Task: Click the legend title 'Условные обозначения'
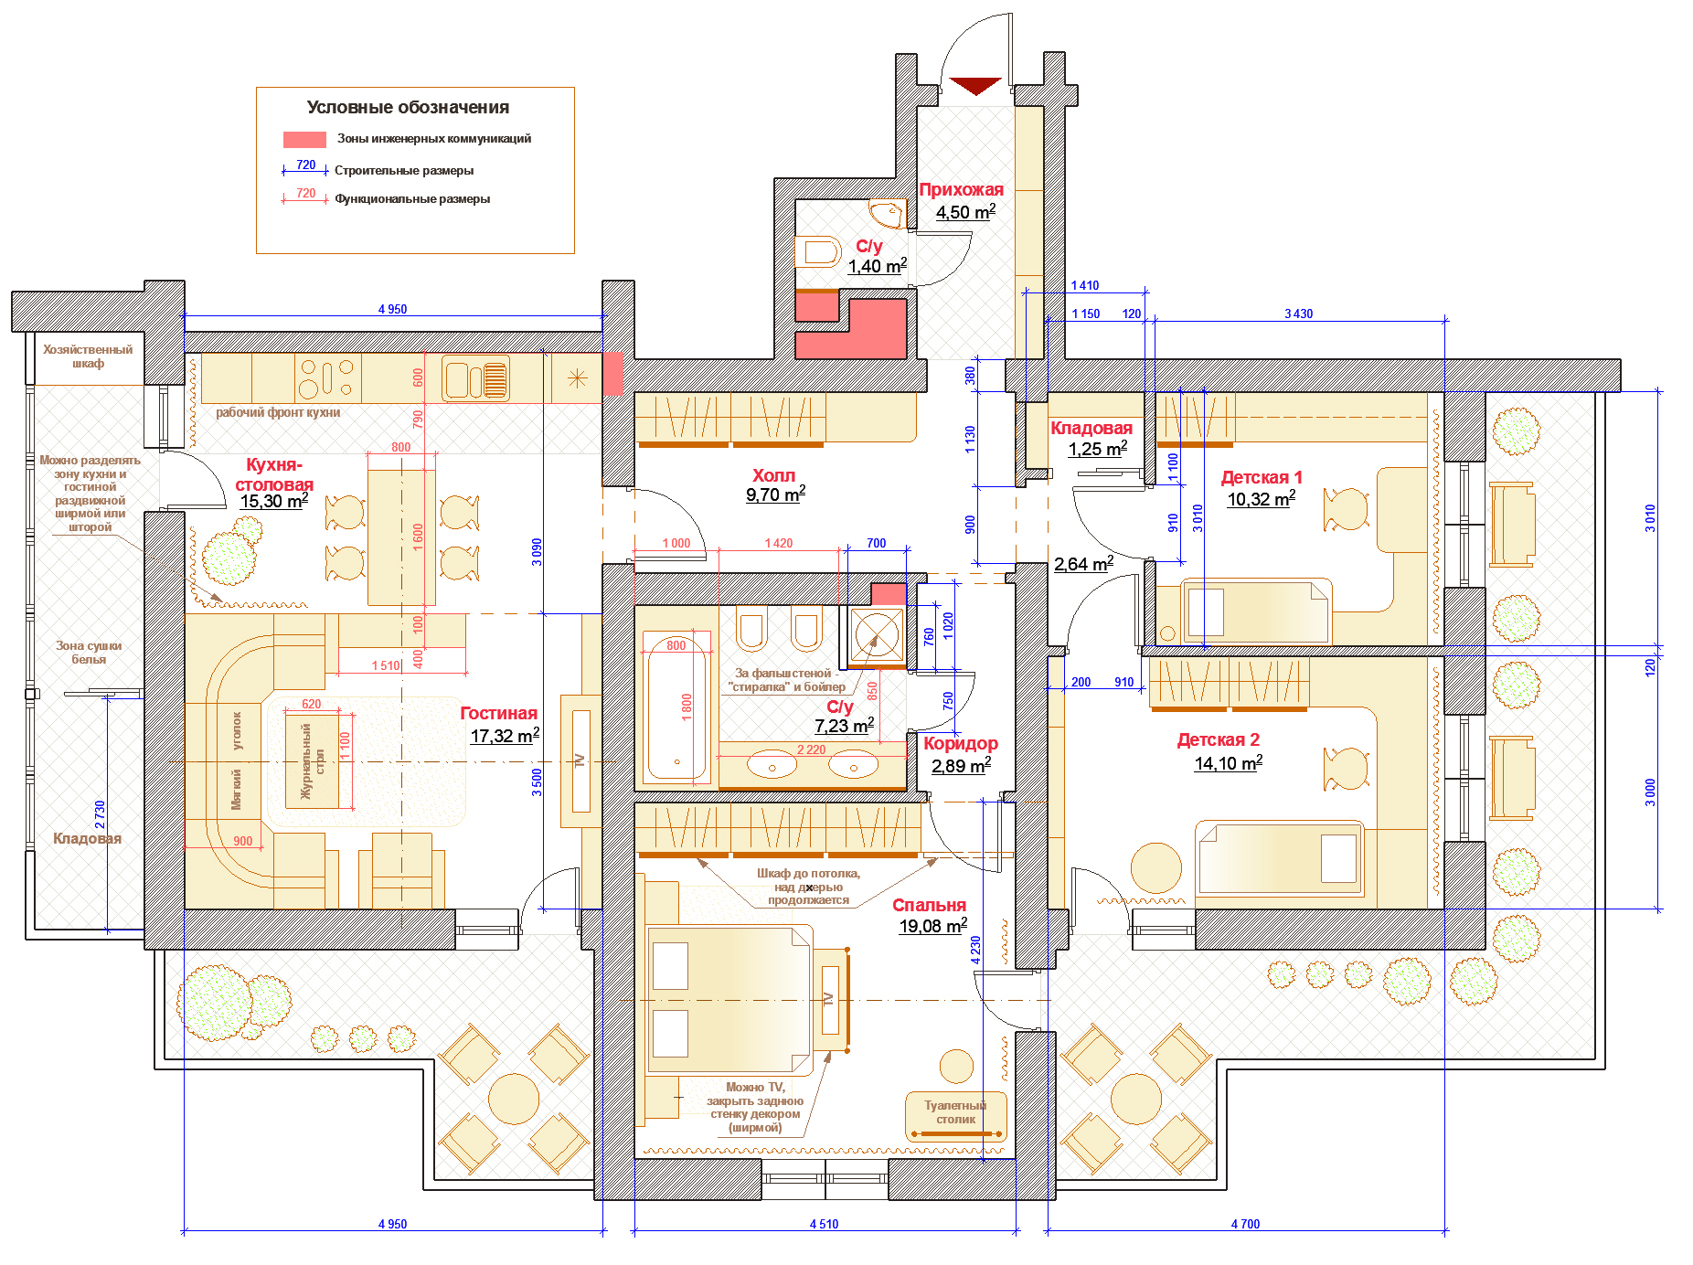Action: [x=408, y=107]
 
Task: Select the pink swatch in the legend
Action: [x=304, y=140]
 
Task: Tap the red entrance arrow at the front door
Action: [x=975, y=86]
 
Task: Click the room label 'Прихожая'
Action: [x=961, y=189]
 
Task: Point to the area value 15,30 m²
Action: [x=274, y=501]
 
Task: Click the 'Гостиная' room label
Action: [x=498, y=713]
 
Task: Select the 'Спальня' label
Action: [x=929, y=905]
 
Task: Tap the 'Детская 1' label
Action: [x=1262, y=477]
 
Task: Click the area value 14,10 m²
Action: [x=1229, y=763]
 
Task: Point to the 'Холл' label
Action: [x=773, y=475]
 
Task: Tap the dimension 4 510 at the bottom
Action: [x=824, y=1224]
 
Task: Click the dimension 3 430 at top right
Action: [x=1298, y=314]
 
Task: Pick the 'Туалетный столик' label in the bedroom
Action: [x=955, y=1112]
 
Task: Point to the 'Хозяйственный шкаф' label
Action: [x=88, y=356]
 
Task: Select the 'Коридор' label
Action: [x=960, y=743]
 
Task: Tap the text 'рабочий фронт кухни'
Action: [x=278, y=412]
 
